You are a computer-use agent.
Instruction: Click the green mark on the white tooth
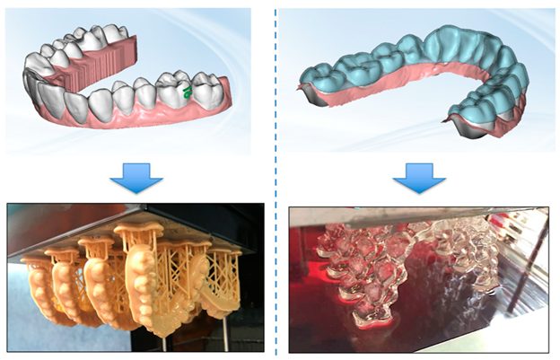pyautogui.click(x=187, y=92)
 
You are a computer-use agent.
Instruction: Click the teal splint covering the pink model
pyautogui.click(x=422, y=63)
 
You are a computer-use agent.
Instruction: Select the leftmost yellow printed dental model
pyautogui.click(x=40, y=287)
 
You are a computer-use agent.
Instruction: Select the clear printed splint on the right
pyautogui.click(x=467, y=260)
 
